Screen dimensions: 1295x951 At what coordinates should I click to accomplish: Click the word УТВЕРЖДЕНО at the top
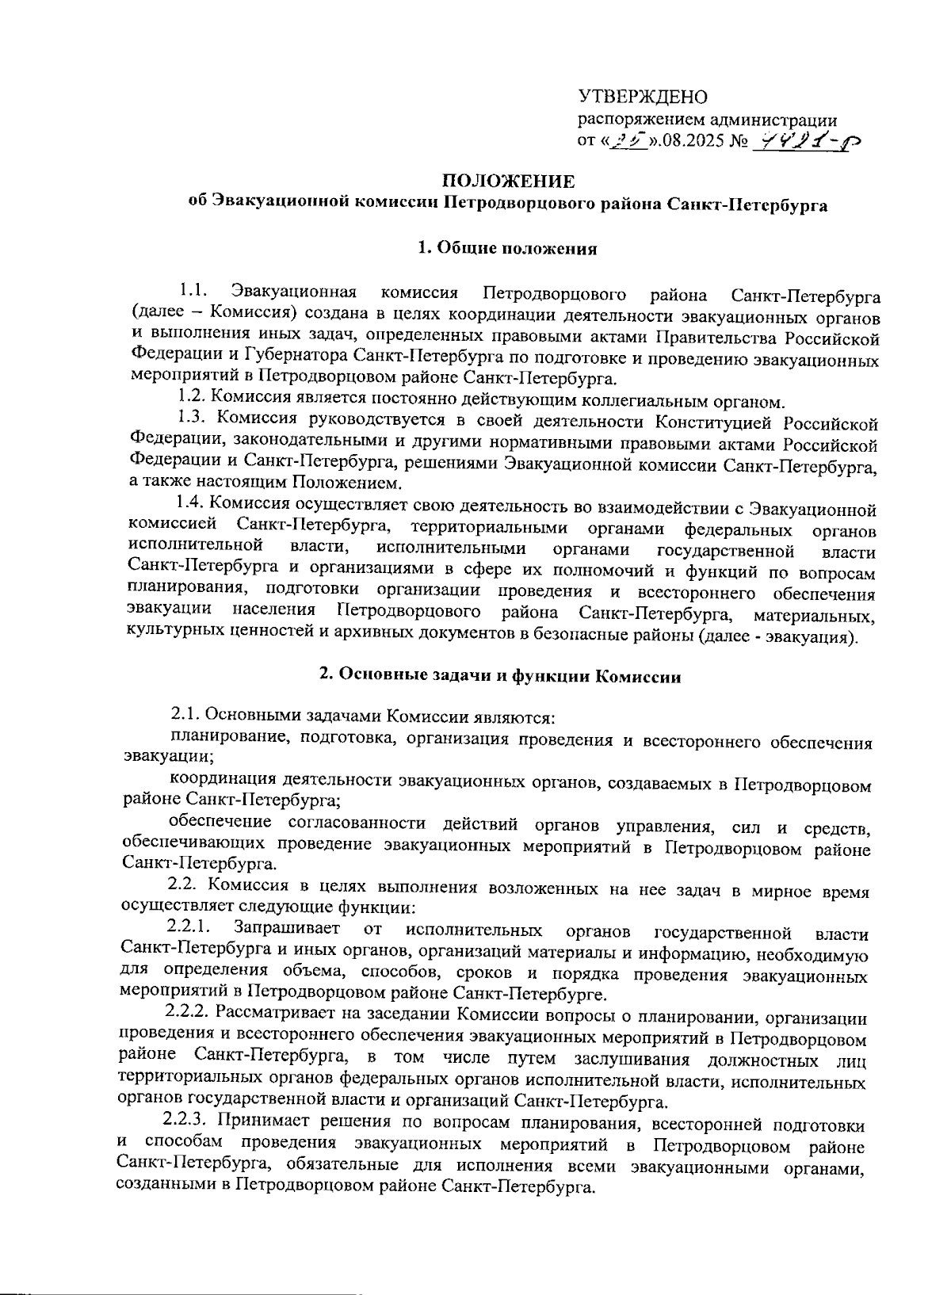point(642,97)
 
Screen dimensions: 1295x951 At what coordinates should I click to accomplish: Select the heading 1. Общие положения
point(507,249)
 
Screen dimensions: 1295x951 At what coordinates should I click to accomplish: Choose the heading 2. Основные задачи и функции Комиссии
point(499,676)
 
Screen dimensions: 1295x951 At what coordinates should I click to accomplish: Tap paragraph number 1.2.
point(191,398)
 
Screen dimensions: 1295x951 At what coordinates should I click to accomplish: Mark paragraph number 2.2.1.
point(187,928)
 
